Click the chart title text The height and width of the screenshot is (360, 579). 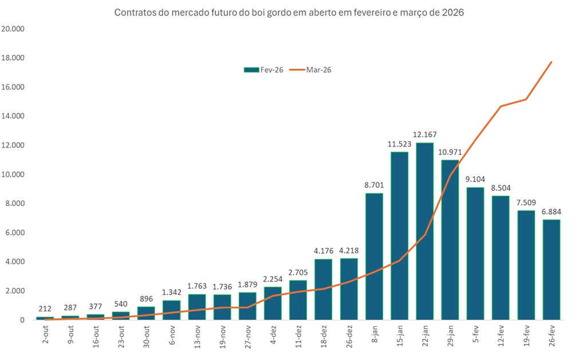click(x=289, y=12)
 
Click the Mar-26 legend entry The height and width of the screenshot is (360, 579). click(x=312, y=69)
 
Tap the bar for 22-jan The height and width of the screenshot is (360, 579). click(x=425, y=231)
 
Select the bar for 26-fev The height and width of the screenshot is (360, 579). click(x=551, y=270)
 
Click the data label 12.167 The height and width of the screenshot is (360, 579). click(x=425, y=134)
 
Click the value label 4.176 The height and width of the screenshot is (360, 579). click(x=324, y=251)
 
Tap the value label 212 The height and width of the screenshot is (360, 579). click(x=44, y=308)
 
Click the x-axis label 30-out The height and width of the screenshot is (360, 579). click(x=147, y=335)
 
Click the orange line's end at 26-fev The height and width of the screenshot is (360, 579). click(x=551, y=62)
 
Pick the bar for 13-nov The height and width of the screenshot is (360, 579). click(x=197, y=307)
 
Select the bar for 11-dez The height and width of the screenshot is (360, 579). click(x=298, y=300)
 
